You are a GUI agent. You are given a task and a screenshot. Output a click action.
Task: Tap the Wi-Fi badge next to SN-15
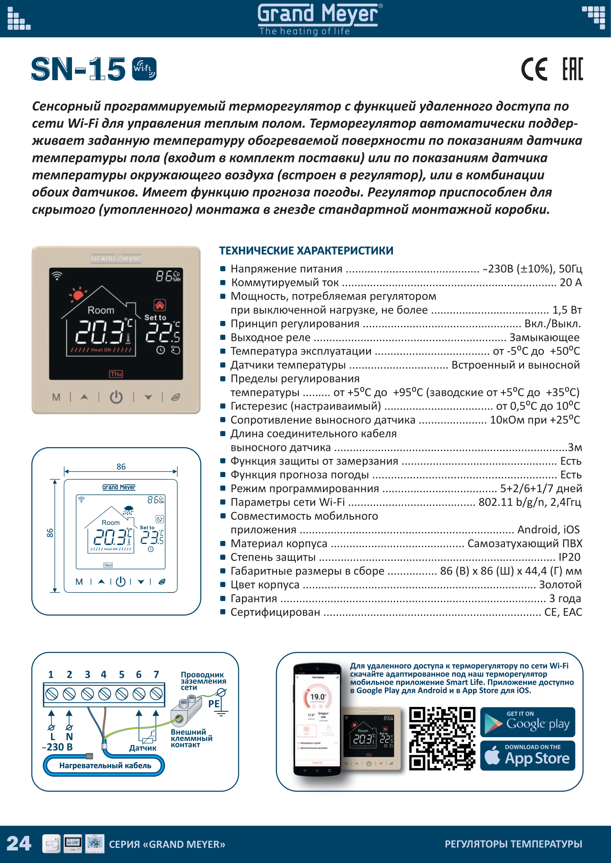pos(144,69)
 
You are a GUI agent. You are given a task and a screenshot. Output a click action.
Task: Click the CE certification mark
pos(534,69)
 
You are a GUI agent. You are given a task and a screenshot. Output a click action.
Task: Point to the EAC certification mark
pos(572,69)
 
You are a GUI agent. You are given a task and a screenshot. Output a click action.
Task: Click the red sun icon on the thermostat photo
pos(78,294)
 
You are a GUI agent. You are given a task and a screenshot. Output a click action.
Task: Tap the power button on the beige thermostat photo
pos(116,397)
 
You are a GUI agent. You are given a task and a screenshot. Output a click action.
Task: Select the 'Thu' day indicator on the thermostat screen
pos(116,374)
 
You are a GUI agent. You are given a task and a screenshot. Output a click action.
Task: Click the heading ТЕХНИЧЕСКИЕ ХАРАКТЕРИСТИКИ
pos(306,251)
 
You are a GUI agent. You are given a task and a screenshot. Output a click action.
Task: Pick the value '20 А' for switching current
pos(570,282)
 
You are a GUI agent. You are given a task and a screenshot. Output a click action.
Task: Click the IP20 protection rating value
pos(569,557)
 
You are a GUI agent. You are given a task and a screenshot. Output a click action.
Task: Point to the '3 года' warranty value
pos(565,598)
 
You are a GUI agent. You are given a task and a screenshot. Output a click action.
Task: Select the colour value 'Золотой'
pos(560,584)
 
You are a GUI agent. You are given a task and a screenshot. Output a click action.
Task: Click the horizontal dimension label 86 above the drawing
pos(121,466)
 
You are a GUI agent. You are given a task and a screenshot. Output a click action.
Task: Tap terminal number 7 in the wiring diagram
pos(156,674)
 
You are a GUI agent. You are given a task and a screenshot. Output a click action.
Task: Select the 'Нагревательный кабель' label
pos(105,765)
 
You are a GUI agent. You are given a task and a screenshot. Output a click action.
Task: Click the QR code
pos(442,739)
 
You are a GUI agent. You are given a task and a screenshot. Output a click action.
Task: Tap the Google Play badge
pos(528,722)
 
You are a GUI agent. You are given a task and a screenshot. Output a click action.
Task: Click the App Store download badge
pos(528,756)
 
